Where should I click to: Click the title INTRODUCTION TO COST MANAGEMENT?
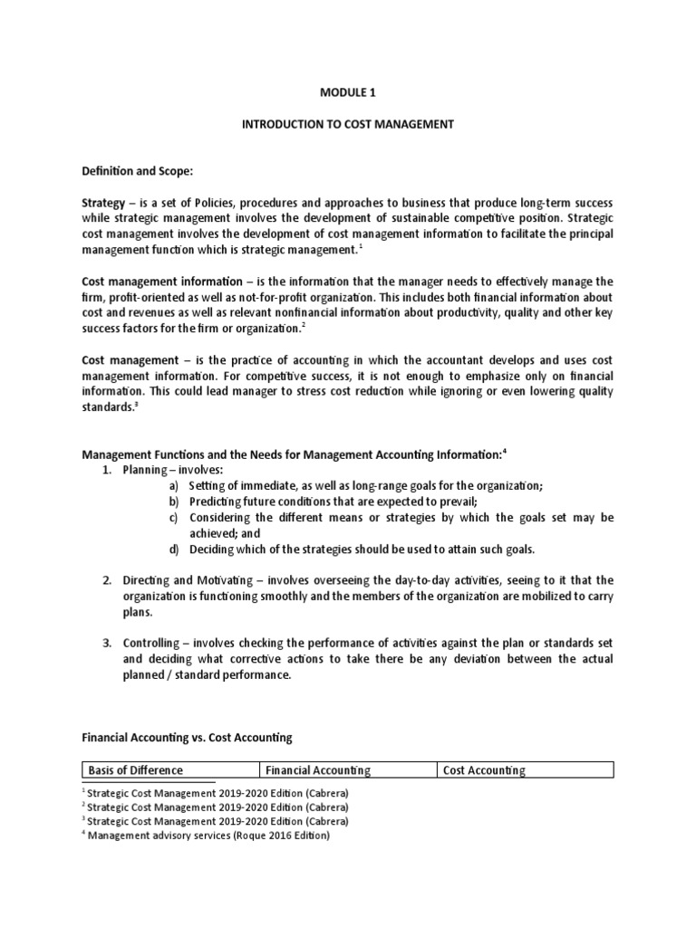tap(347, 124)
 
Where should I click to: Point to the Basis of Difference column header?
tap(135, 770)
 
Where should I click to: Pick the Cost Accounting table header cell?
tap(484, 770)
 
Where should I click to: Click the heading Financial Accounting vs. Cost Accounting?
tap(187, 738)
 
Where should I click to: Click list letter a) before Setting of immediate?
tap(173, 486)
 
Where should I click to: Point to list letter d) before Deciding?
tap(173, 550)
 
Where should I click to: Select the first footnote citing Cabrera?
tap(215, 792)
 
